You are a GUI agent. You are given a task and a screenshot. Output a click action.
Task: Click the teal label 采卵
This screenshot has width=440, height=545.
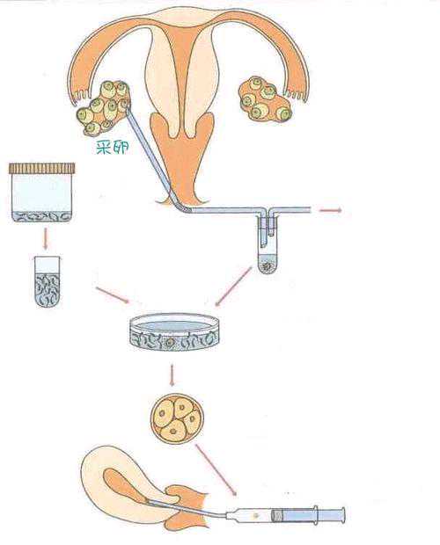point(113,148)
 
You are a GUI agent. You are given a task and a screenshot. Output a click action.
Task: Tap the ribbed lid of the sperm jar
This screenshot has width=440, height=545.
point(41,168)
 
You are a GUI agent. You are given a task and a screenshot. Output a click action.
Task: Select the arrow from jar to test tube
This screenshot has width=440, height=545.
point(45,238)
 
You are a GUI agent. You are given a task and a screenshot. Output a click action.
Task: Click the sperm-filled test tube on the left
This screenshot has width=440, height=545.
point(48,281)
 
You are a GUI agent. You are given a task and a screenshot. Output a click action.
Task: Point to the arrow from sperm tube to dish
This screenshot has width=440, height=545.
point(112,295)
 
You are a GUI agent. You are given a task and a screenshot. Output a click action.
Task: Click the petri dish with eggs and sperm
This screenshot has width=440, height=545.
point(174,332)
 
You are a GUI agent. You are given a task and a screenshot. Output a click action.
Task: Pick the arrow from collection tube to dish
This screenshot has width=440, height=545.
point(234,287)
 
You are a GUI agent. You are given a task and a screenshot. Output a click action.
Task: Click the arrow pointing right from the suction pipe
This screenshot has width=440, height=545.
point(330,210)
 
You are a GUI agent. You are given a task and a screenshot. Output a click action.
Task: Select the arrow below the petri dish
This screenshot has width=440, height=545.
point(172,374)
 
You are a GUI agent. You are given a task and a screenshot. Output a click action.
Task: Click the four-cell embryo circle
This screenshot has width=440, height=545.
point(177,418)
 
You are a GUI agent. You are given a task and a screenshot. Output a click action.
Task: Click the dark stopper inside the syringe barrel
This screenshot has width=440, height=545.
point(276,515)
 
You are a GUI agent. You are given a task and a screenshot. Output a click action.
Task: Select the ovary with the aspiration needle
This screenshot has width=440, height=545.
point(104,108)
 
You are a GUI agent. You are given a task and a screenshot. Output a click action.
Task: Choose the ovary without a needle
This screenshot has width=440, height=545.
point(266,99)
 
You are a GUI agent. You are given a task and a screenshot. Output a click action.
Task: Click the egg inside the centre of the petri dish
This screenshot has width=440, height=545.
point(169,342)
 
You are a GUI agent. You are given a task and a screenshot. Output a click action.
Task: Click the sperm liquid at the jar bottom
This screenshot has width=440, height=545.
point(41,217)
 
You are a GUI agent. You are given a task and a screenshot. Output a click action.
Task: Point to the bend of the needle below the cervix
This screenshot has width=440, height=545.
point(181,207)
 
